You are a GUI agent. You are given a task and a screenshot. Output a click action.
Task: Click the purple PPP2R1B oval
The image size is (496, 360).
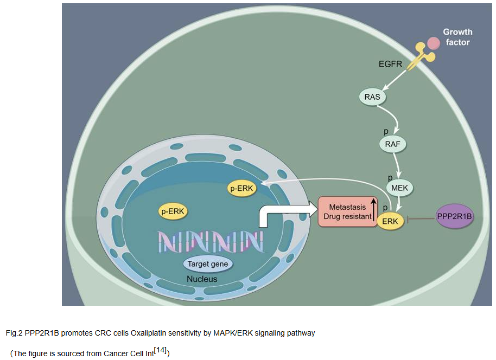pyautogui.click(x=454, y=217)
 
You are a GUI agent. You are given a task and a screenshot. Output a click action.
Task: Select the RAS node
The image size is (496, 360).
pyautogui.click(x=372, y=97)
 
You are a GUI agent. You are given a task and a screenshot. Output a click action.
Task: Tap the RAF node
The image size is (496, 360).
pyautogui.click(x=392, y=144)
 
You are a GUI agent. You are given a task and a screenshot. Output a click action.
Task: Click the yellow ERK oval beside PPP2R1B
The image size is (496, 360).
pyautogui.click(x=390, y=221)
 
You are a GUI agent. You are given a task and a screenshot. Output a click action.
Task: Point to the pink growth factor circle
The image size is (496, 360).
pyautogui.click(x=433, y=42)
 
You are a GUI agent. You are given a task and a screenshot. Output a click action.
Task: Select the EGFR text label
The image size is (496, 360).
pyautogui.click(x=391, y=65)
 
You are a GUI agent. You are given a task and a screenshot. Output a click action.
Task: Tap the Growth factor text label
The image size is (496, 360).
pyautogui.click(x=457, y=37)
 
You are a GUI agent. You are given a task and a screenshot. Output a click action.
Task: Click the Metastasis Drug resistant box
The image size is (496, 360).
pyautogui.click(x=347, y=211)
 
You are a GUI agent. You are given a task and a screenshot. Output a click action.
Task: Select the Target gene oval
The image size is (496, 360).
pyautogui.click(x=208, y=264)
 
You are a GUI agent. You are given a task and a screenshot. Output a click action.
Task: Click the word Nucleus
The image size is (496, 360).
pyautogui.click(x=202, y=279)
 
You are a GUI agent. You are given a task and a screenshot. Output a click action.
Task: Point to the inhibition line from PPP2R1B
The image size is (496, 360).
pyautogui.click(x=420, y=218)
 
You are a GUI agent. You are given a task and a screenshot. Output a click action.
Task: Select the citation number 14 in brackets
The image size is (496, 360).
pyautogui.click(x=161, y=351)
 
